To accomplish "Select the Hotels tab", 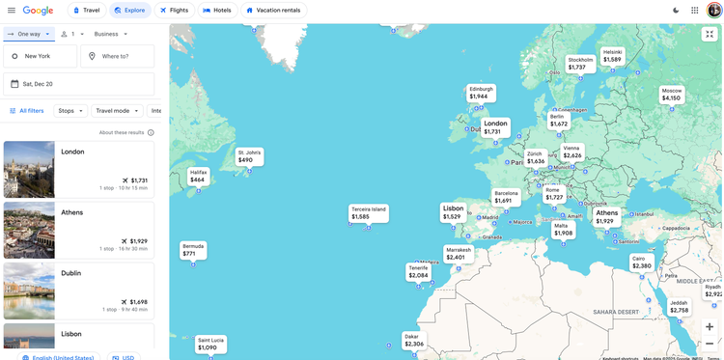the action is [217, 11].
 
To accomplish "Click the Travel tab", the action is [86, 11].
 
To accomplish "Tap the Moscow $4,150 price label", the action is [671, 95].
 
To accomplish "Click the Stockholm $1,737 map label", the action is [580, 64].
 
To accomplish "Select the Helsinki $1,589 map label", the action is [612, 56].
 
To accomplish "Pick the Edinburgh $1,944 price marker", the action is [480, 93].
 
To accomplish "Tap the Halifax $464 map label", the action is [198, 176].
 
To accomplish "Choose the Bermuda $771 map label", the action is [192, 250].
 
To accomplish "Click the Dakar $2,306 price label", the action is [413, 340].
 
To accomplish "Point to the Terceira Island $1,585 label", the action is [368, 212].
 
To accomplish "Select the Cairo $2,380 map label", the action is [641, 262].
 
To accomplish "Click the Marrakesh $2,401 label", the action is [458, 253].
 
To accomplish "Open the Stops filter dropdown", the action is [70, 111].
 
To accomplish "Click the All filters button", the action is [26, 111].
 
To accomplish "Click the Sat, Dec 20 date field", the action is [78, 84].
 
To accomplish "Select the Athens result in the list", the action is [78, 230].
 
